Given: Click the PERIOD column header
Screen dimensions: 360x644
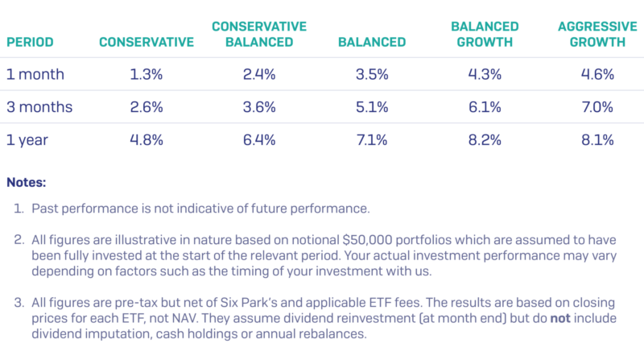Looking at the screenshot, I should pyautogui.click(x=30, y=42).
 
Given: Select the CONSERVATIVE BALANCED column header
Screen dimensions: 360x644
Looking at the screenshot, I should pyautogui.click(x=258, y=34).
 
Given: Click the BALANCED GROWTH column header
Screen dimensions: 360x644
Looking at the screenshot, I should pyautogui.click(x=473, y=34).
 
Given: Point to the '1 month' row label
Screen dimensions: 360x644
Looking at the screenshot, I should pyautogui.click(x=35, y=74).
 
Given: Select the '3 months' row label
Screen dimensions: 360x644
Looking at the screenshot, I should pyautogui.click(x=39, y=106).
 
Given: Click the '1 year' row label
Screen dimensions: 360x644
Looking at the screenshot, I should pyautogui.click(x=27, y=139).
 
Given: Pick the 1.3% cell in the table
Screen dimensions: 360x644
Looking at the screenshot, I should pyautogui.click(x=146, y=74).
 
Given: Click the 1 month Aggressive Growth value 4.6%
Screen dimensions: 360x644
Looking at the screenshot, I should pyautogui.click(x=597, y=74).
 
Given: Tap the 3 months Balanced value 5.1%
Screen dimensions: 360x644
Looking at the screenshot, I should pyautogui.click(x=372, y=106).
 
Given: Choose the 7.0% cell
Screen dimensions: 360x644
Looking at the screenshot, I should pyautogui.click(x=597, y=106).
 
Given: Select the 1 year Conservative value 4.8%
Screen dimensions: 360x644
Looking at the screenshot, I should pyautogui.click(x=146, y=139).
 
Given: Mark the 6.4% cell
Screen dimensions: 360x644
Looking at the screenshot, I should pyautogui.click(x=258, y=139).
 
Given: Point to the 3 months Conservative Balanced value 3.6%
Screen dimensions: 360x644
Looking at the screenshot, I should pyautogui.click(x=258, y=106).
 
